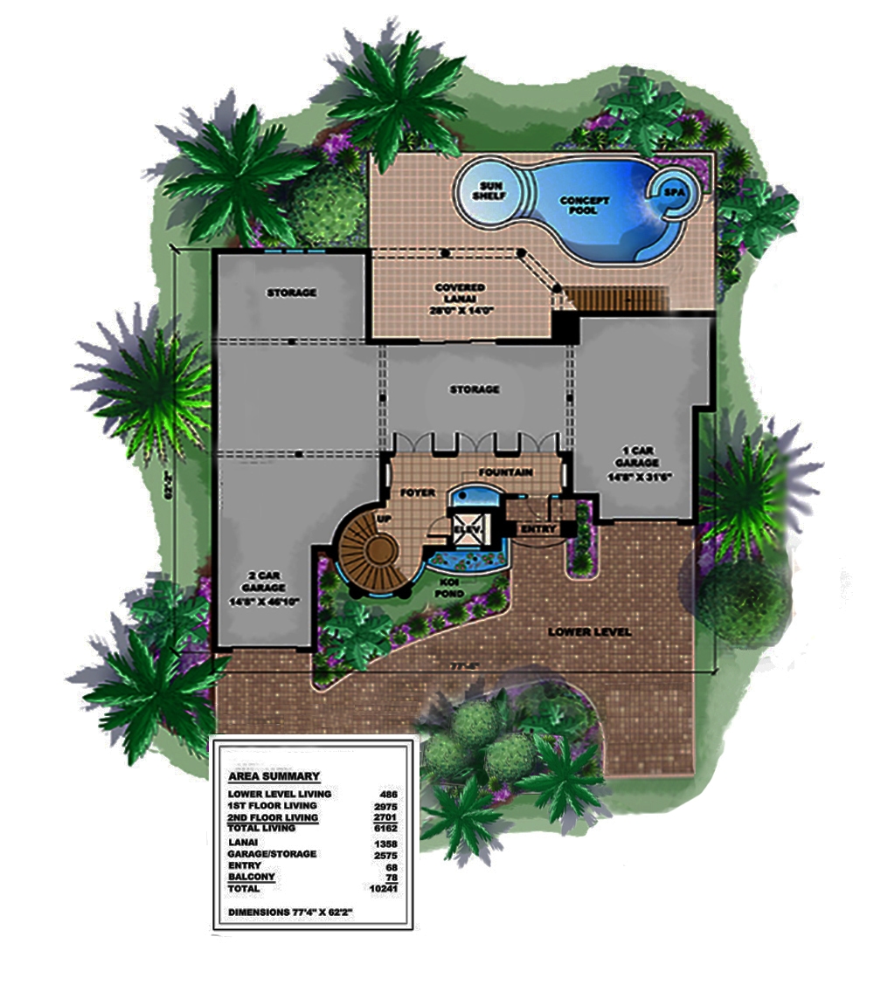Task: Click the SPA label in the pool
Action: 675,191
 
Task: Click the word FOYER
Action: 418,492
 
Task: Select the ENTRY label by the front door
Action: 538,529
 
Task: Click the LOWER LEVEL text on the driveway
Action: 589,631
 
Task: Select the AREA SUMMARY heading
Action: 273,775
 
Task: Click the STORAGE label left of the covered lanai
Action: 291,293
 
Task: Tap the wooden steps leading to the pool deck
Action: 615,299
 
